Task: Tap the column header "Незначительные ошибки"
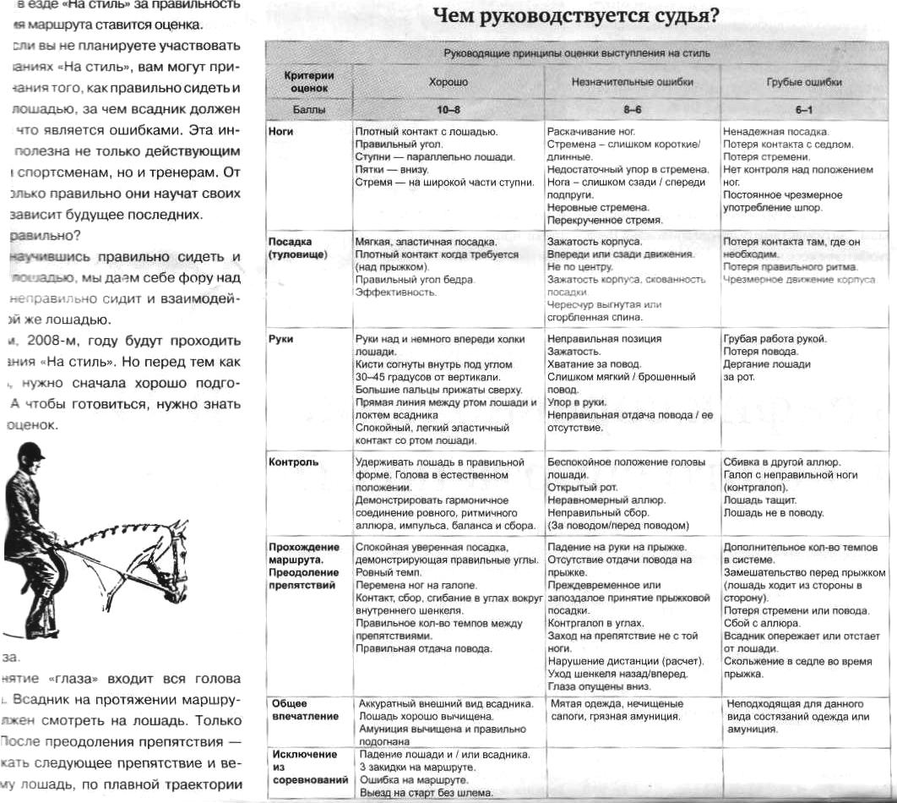pos(620,83)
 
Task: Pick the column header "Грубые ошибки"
pos(803,83)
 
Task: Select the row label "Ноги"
pos(280,133)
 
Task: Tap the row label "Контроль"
pos(293,462)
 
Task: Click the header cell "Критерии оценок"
pos(308,80)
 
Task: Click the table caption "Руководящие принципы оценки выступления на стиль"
pos(577,53)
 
